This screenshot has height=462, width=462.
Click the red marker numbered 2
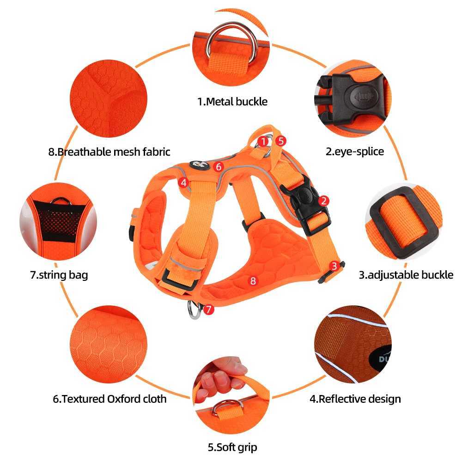point(324,200)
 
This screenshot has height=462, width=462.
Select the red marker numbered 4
point(183,182)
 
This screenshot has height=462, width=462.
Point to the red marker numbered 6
point(219,166)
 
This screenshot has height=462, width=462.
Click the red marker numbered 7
point(209,309)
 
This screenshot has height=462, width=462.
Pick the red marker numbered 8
point(252,280)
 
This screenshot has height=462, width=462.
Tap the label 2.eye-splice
point(354,151)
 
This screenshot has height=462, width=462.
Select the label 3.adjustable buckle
point(406,275)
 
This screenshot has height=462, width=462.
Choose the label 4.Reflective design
point(355,398)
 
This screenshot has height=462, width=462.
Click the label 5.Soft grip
point(232,447)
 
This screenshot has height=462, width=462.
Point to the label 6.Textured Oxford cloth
point(109,398)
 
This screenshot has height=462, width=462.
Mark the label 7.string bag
point(59,275)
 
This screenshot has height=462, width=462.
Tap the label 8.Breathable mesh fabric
point(109,151)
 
